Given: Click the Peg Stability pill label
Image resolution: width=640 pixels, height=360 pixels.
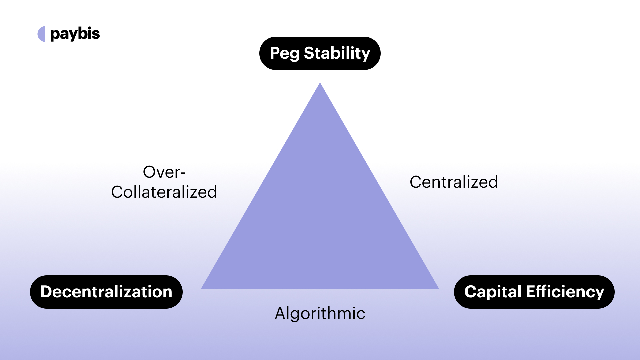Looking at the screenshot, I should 320,53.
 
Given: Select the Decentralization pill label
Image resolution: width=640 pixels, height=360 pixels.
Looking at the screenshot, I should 106,292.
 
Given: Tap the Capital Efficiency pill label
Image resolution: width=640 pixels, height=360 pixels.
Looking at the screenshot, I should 534,292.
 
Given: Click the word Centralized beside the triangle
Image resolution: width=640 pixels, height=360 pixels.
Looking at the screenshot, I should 454,182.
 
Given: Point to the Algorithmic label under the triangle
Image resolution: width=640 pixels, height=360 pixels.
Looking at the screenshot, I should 320,313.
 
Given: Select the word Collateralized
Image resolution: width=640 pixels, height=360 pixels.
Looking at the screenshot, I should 164,192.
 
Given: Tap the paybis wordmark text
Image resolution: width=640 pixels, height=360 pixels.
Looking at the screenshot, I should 75,34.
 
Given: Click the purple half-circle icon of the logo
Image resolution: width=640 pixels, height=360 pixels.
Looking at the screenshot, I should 42,34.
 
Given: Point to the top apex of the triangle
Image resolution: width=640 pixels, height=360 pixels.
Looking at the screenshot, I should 320,84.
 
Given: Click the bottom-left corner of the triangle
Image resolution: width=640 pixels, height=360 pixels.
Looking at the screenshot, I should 203,288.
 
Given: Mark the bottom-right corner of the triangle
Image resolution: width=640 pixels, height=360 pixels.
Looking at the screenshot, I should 437,288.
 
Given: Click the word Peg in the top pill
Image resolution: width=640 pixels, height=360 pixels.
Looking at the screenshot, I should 284,53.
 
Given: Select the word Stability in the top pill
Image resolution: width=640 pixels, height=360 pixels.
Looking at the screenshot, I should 337,53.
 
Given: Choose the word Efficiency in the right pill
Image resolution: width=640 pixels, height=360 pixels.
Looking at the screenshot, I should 565,292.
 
